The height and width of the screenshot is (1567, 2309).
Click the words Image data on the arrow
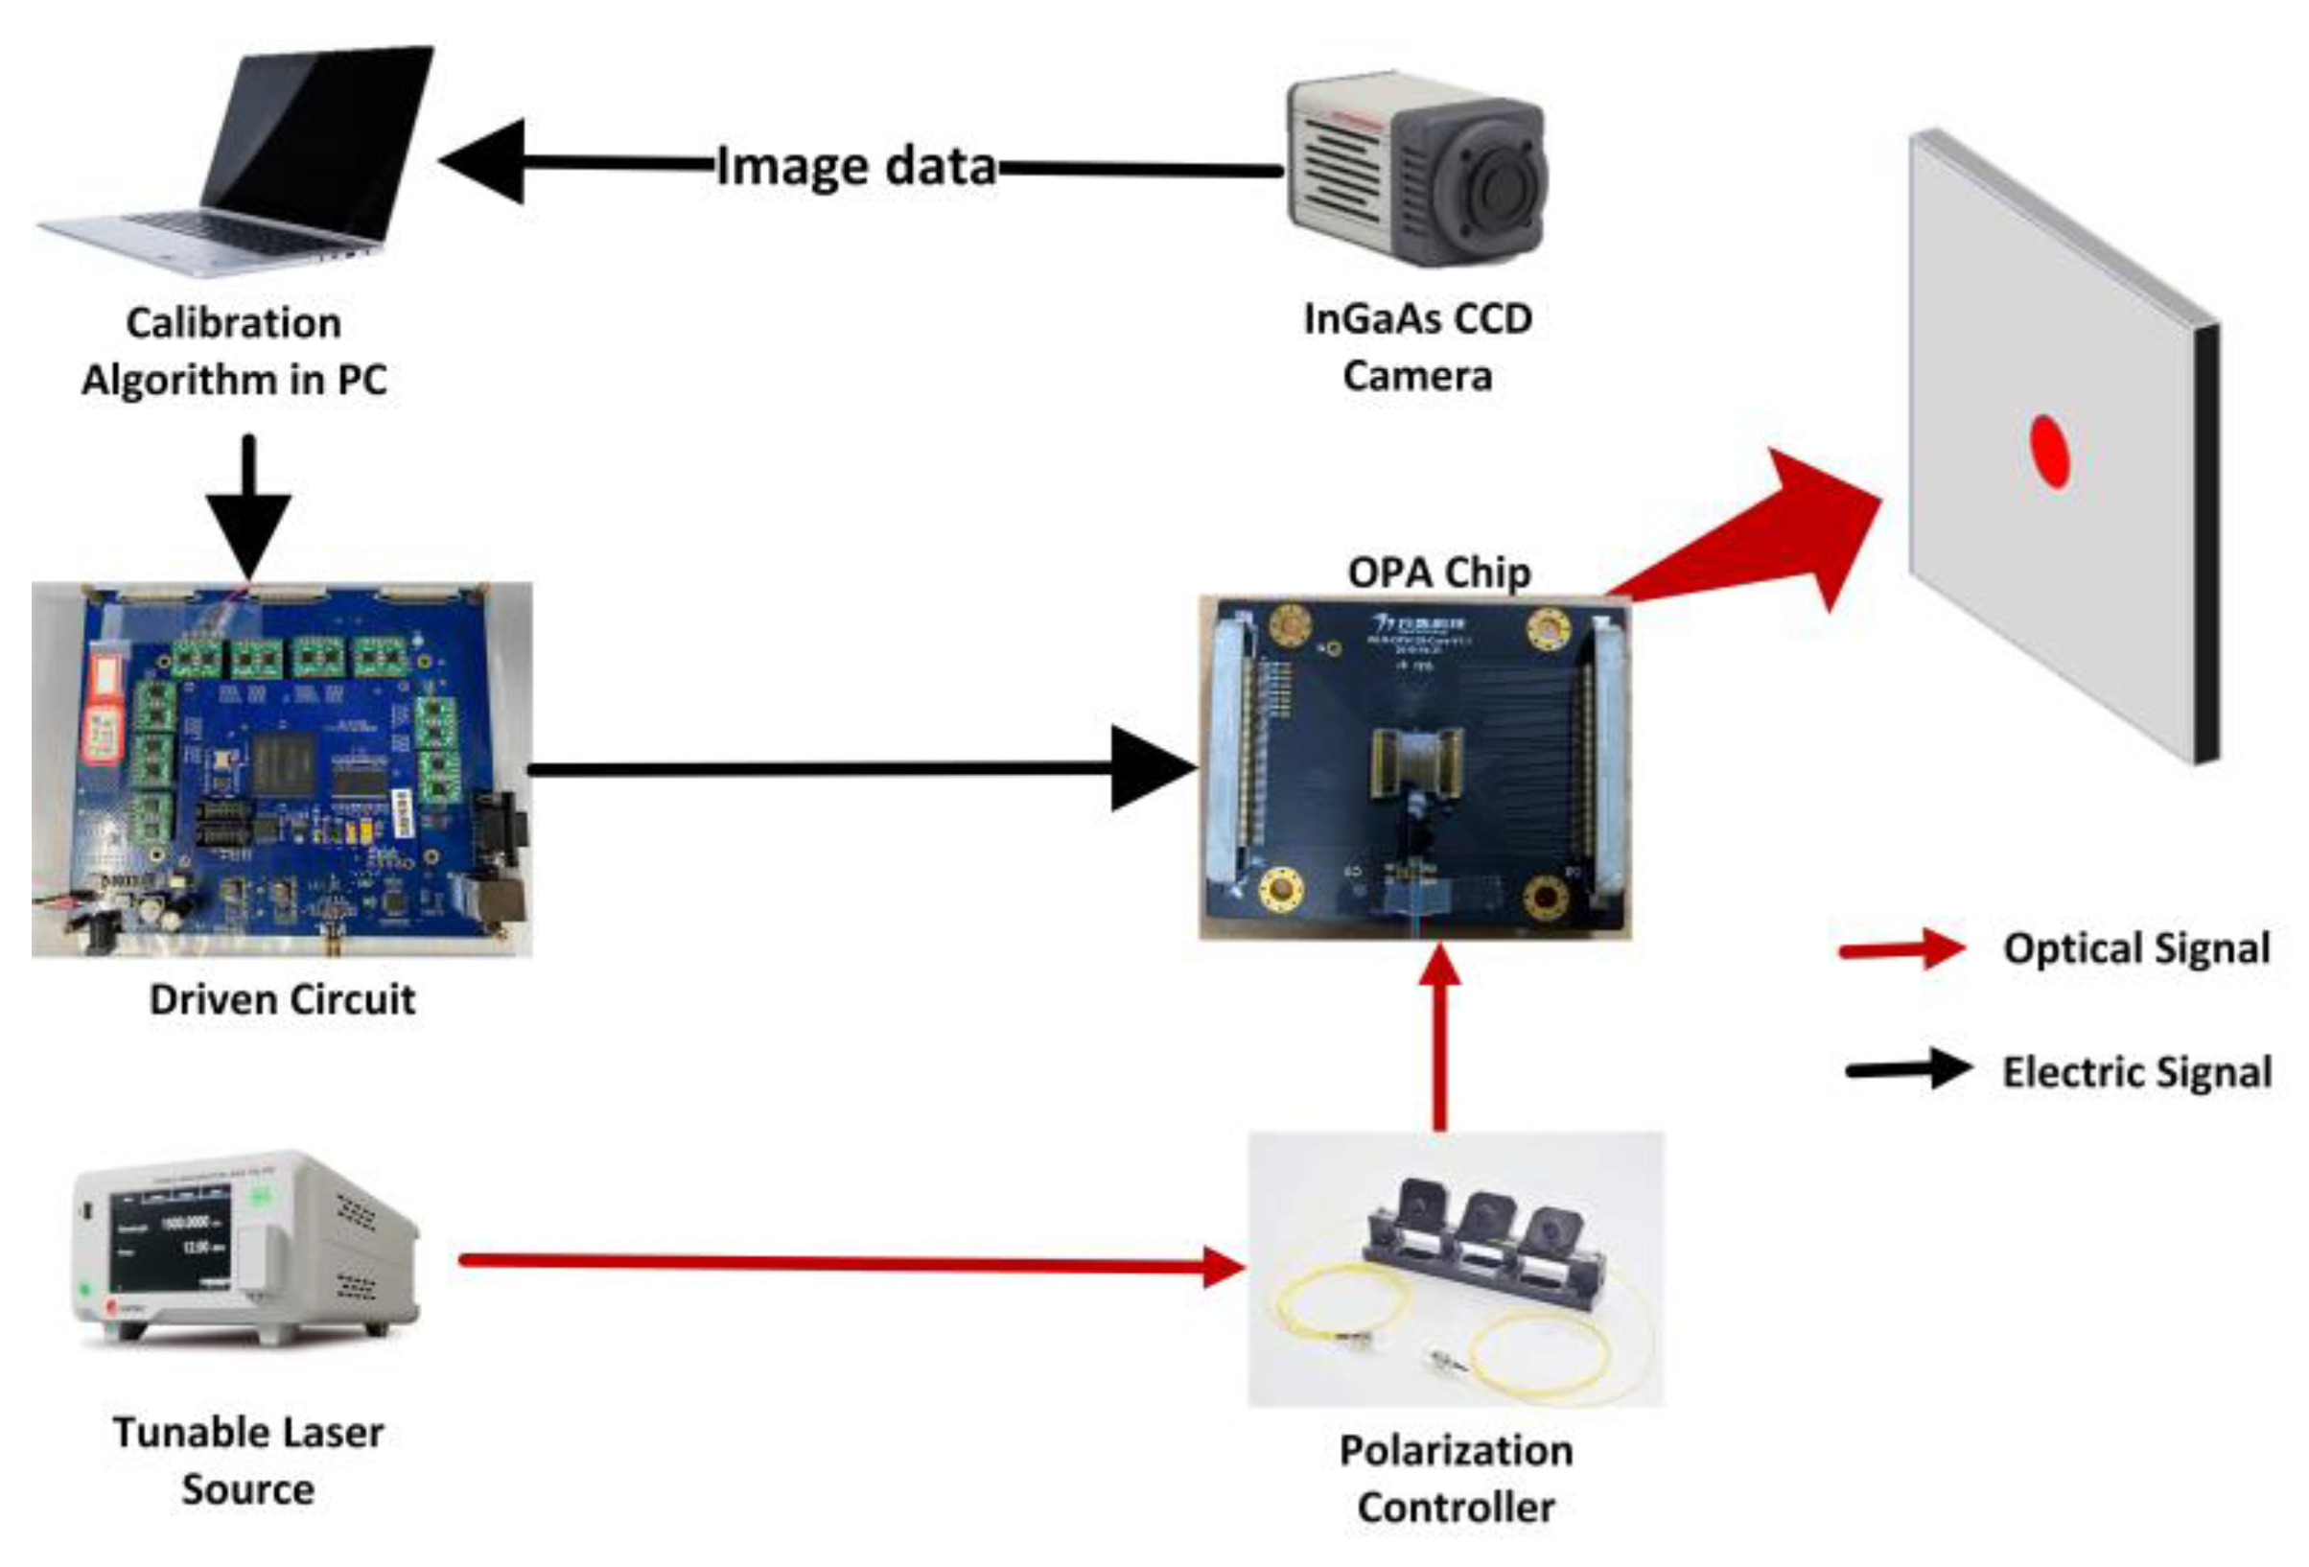pyautogui.click(x=855, y=166)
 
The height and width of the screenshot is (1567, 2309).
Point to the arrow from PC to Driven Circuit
pyautogui.click(x=248, y=506)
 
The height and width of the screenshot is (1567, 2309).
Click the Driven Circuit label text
pyautogui.click(x=282, y=998)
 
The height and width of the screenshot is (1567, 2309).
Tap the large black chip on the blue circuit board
pyautogui.click(x=284, y=766)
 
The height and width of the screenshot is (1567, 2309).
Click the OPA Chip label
pyautogui.click(x=1438, y=573)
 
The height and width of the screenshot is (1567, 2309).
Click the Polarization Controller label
pyautogui.click(x=1456, y=1479)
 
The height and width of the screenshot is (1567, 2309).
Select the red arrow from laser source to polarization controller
pyautogui.click(x=845, y=1262)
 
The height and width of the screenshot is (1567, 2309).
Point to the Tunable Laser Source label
pyautogui.click(x=248, y=1461)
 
